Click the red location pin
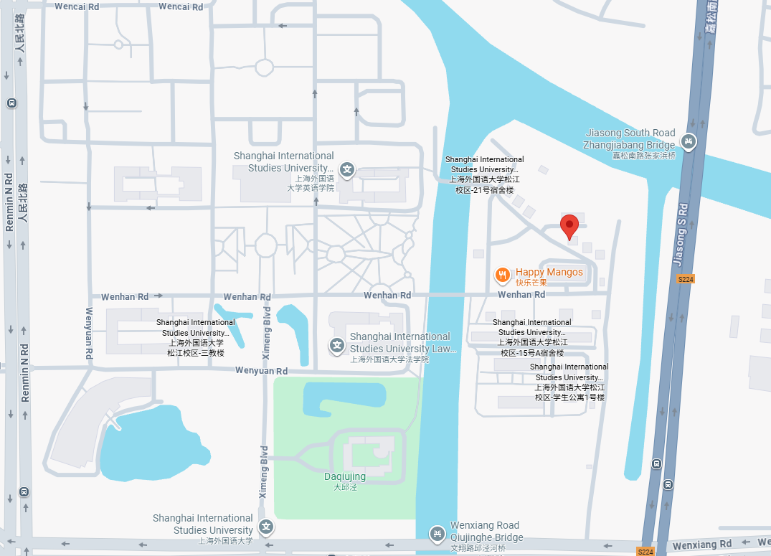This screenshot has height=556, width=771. (569, 226)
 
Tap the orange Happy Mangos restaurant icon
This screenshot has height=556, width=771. (503, 274)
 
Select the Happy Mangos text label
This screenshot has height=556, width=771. (549, 272)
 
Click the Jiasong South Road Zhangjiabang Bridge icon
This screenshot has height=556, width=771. (689, 141)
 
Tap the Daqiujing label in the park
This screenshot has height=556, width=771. (345, 477)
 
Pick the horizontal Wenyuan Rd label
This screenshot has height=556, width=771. (262, 371)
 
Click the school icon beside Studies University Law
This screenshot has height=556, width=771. (337, 346)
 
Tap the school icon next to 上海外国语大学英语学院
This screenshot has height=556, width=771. (347, 170)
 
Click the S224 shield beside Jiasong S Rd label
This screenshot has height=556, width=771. (686, 279)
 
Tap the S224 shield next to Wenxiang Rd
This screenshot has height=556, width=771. (645, 551)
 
